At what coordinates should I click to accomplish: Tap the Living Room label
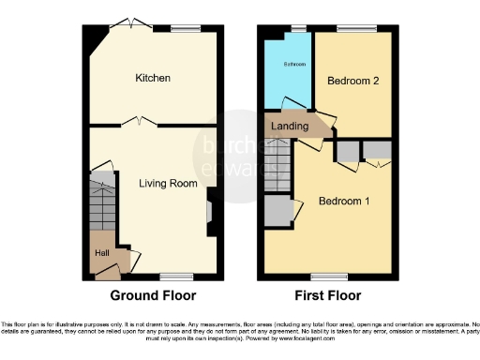168,184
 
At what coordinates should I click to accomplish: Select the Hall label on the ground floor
101,252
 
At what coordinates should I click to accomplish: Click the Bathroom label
288,65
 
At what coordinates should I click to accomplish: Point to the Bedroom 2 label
352,82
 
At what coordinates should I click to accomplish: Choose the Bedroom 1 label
344,202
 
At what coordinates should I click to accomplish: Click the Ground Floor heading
154,295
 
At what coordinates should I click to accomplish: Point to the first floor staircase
278,166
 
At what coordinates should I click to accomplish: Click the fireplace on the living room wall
212,209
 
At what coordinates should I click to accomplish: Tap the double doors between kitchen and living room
140,122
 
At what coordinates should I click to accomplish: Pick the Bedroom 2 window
352,28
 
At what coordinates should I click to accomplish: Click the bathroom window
299,28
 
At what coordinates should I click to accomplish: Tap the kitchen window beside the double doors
185,28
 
